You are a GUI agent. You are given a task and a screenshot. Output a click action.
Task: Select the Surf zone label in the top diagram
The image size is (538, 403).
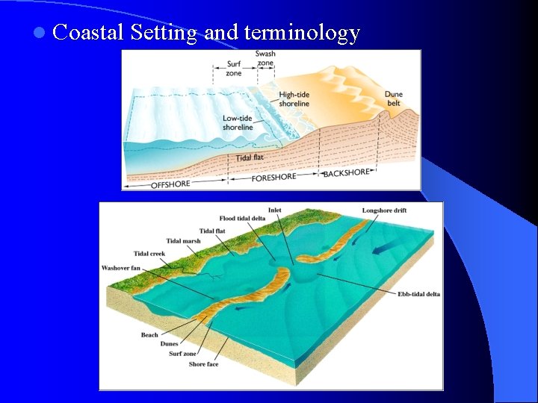tap(233, 69)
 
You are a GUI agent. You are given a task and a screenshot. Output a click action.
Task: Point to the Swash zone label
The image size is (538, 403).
tap(265, 59)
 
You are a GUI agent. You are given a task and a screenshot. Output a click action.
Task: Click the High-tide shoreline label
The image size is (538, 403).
tap(294, 99)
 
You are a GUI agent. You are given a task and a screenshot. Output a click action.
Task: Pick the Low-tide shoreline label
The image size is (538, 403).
tap(238, 122)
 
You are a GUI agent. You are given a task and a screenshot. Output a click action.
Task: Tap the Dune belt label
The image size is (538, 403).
tap(393, 99)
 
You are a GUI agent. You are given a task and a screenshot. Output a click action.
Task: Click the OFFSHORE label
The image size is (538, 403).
tap(170, 184)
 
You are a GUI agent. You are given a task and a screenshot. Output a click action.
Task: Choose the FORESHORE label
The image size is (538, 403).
tap(273, 178)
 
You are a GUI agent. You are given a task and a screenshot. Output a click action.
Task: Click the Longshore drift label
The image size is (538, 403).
tap(384, 210)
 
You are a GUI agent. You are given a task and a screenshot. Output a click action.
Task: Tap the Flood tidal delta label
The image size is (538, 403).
tap(242, 219)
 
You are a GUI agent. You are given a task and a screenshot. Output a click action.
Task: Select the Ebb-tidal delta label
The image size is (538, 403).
tap(418, 294)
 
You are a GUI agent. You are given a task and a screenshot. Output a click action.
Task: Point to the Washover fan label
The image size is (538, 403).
tap(120, 268)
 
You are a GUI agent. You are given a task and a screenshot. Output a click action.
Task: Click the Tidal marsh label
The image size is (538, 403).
tap(183, 241)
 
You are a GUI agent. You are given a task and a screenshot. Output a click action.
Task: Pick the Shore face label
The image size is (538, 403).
tap(203, 364)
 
